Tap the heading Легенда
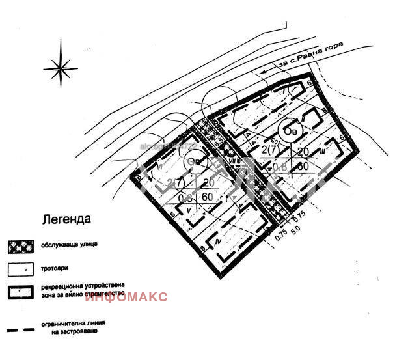click(66, 220)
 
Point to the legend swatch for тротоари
click(21, 268)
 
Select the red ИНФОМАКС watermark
click(126, 298)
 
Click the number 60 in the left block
click(208, 197)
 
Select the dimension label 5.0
click(298, 230)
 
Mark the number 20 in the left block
click(207, 182)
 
